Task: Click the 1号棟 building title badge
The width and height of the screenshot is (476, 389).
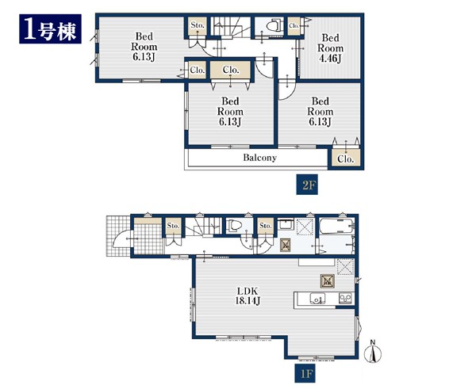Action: pos(50,29)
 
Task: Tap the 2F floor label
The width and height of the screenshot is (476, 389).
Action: pos(307,185)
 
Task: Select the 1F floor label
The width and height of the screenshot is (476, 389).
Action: pos(305,373)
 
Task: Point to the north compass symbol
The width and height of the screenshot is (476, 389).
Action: pos(373,352)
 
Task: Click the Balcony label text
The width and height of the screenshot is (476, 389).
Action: pos(260,158)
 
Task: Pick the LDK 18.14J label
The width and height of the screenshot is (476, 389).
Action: pos(248,296)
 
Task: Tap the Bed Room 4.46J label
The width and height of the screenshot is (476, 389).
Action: pos(330,48)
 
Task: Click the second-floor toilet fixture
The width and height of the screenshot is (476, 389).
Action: pos(274,25)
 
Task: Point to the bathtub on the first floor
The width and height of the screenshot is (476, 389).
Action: pos(336,226)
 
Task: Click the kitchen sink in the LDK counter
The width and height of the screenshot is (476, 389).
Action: pos(317,299)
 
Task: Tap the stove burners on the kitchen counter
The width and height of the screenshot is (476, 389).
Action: pos(345,298)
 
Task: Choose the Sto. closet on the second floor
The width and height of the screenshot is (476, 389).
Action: pos(198,26)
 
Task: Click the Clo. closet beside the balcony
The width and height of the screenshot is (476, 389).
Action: pos(346,158)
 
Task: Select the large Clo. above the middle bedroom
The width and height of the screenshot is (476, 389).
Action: pos(231,70)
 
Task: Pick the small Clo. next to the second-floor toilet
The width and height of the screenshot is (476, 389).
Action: pos(294,26)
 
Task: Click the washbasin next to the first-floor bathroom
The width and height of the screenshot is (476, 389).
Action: pos(285,225)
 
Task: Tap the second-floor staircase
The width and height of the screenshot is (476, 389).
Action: pos(231,27)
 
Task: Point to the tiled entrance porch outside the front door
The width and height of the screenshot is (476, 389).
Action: pos(118,236)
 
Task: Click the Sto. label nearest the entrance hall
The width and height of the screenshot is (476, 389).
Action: pos(173,226)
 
